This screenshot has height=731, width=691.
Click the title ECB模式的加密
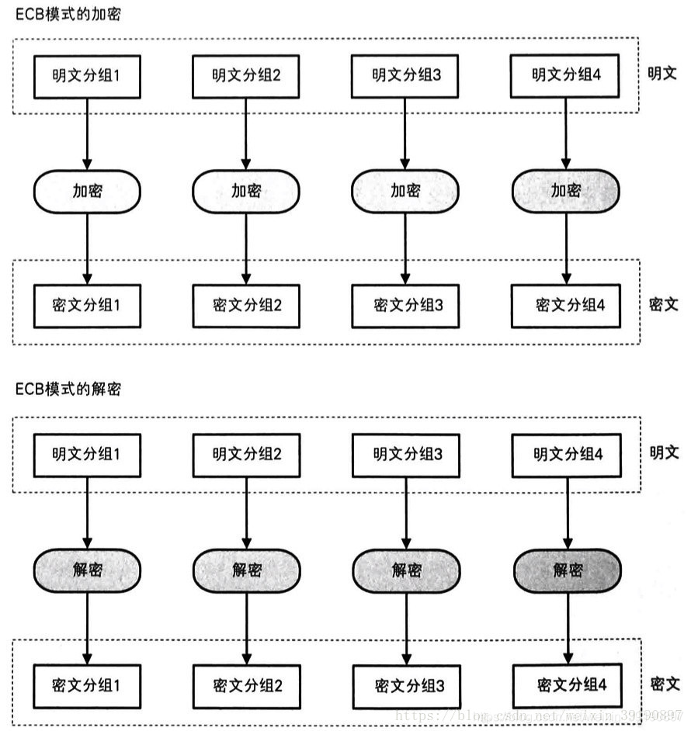pos(68,15)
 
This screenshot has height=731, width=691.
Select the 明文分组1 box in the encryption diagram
pos(86,76)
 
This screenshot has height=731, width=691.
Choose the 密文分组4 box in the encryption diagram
pos(564,305)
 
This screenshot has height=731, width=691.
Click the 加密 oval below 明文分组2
pos(246,190)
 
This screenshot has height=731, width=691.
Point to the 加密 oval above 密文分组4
pos(565,190)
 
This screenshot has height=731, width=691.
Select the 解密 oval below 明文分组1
pos(86,570)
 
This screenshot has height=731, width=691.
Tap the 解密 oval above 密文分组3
pos(406,570)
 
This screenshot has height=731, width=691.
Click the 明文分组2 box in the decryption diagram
pos(246,454)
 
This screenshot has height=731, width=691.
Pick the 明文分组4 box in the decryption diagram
pos(566,454)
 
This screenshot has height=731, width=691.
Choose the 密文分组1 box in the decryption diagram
pos(86,685)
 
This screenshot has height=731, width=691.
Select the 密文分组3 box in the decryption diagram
pos(406,686)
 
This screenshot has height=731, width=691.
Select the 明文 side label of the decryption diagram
pos(664,452)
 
